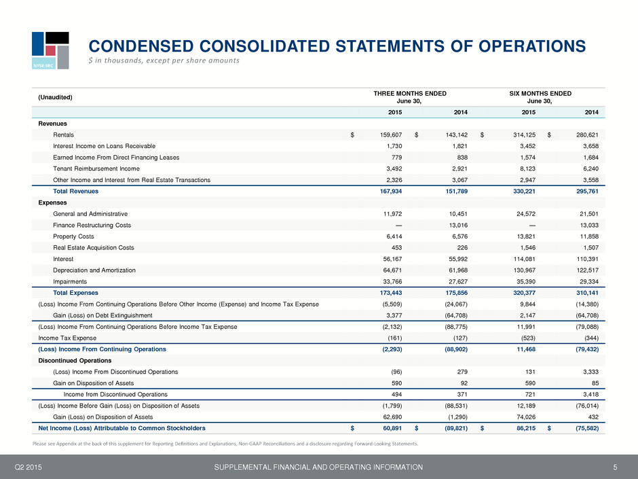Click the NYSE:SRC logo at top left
click(x=50, y=50)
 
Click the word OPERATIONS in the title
click(x=532, y=46)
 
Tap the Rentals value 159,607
click(x=391, y=135)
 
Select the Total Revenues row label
click(x=76, y=191)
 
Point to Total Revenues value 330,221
click(x=524, y=191)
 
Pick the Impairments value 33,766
click(x=392, y=281)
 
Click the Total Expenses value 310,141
click(x=587, y=293)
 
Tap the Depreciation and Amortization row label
click(x=94, y=270)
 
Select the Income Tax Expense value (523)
click(x=528, y=338)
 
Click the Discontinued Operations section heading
click(x=75, y=361)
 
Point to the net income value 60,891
click(x=392, y=428)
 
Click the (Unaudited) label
click(x=55, y=97)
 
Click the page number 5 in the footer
click(x=615, y=467)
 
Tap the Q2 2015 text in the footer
click(x=28, y=467)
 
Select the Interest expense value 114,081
click(x=525, y=259)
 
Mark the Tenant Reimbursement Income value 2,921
click(x=459, y=168)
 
